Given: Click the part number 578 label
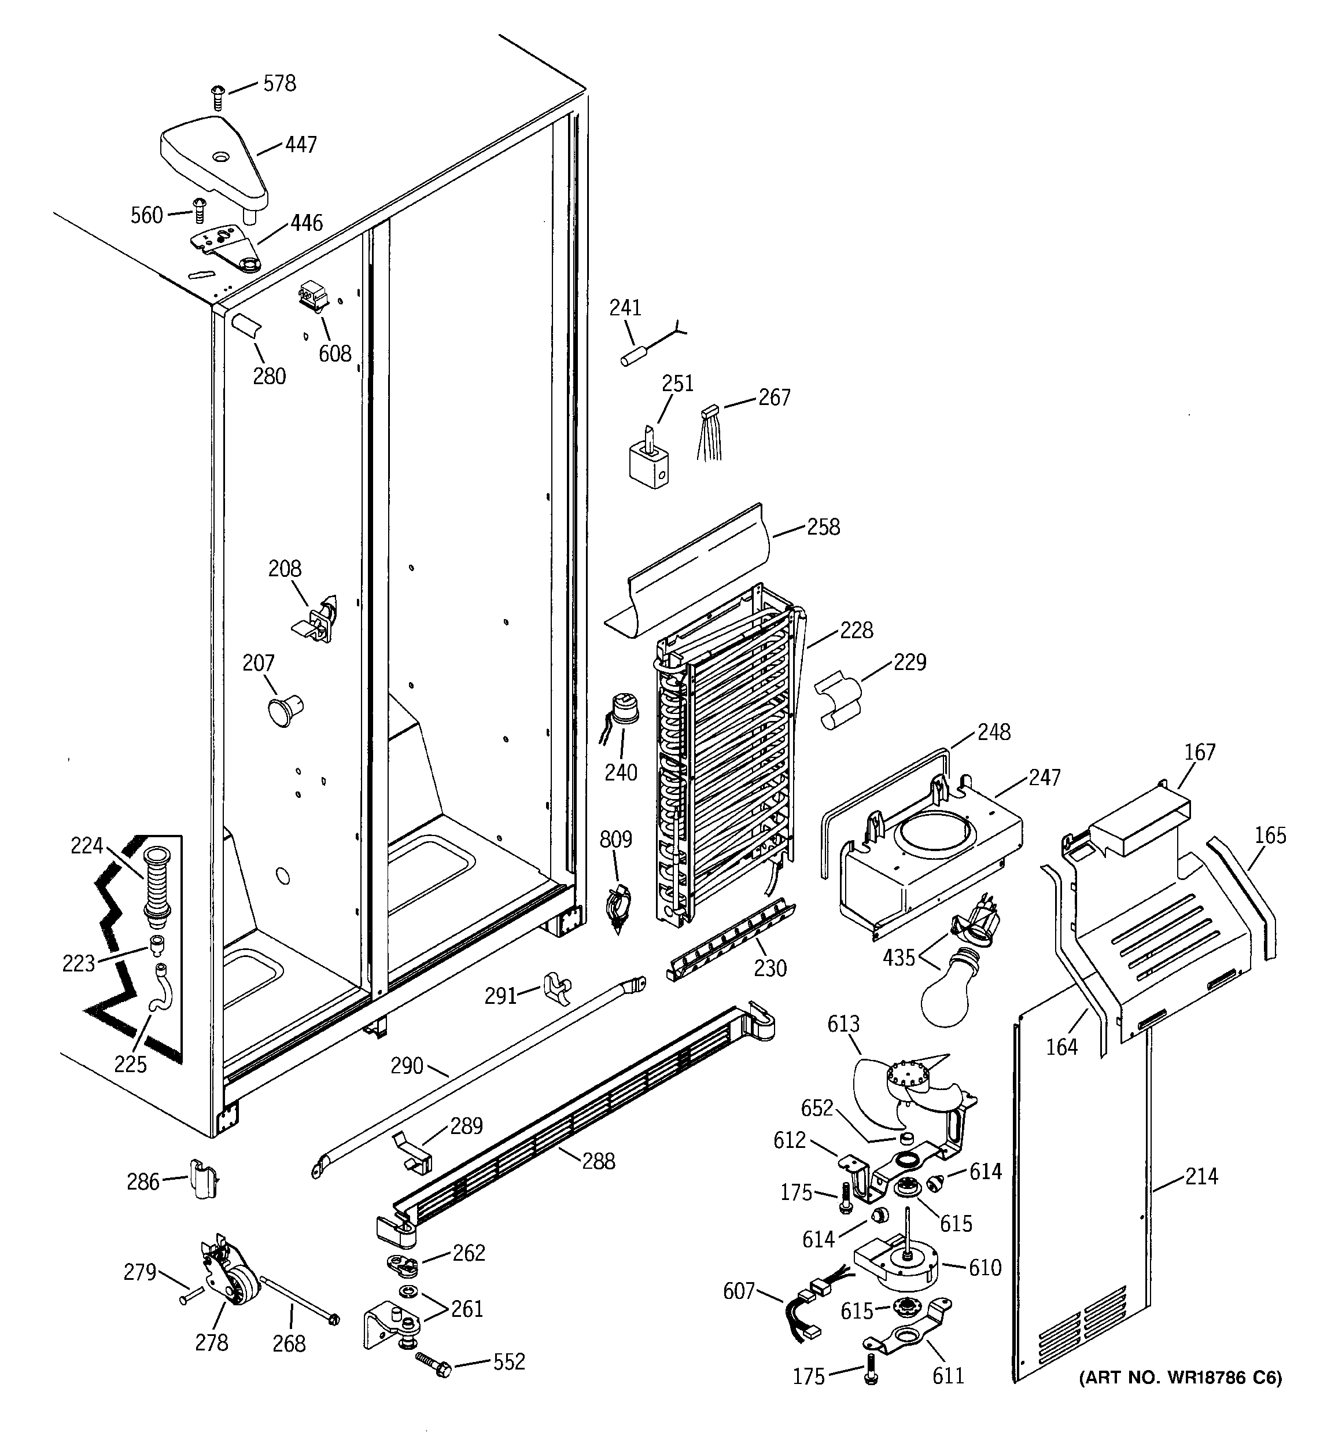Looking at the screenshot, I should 279,84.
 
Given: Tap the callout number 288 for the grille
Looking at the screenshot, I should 598,1161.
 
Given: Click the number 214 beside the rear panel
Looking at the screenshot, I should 1200,1176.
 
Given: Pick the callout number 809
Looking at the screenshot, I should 616,839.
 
